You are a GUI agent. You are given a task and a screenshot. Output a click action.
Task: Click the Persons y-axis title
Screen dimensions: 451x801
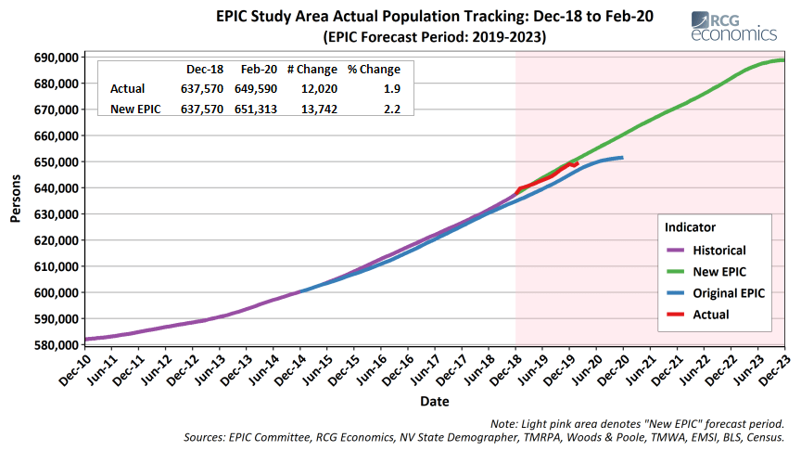[x=17, y=200]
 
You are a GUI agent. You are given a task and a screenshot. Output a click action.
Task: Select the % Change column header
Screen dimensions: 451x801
[x=374, y=70]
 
